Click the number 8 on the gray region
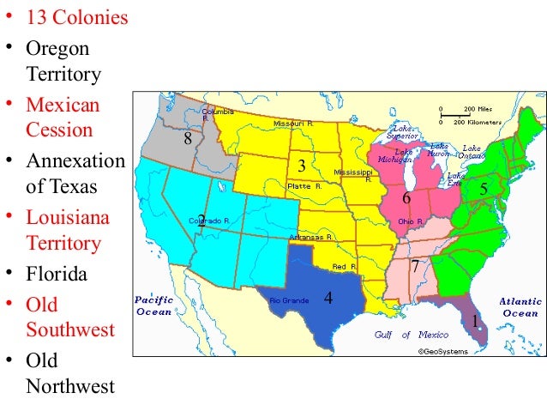(188, 139)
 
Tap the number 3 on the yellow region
(301, 166)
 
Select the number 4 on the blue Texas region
(328, 299)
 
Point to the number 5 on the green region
(484, 188)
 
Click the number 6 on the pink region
(406, 199)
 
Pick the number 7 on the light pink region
(414, 266)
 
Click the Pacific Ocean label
(154, 306)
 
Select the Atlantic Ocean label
(520, 307)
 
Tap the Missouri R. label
(293, 124)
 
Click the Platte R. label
(305, 184)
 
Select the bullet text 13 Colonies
(77, 18)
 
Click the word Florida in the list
(57, 275)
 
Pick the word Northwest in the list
(70, 386)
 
